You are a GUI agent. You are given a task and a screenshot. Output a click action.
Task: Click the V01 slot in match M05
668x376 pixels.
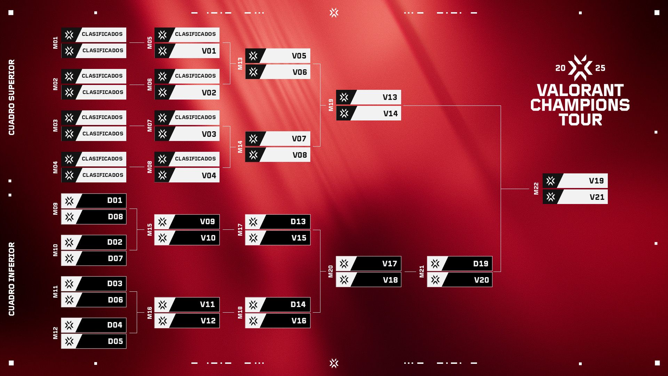coord(187,51)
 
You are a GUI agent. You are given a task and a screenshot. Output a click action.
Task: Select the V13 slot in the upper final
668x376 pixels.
coord(368,97)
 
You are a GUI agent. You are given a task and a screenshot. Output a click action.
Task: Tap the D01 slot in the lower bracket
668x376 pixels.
coord(94,201)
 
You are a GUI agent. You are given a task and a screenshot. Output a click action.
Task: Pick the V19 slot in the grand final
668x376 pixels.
coord(575,181)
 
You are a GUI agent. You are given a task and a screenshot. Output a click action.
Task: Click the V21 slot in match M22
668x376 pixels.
coord(575,197)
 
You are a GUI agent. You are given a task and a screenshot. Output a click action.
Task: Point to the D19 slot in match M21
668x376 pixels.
coord(460,264)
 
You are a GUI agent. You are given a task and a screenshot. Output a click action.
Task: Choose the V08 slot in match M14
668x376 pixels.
coord(278,155)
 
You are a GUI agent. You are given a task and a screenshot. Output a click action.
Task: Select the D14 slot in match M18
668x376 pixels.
coord(278,305)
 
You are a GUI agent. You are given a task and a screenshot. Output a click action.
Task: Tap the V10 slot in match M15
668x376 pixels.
coord(187,238)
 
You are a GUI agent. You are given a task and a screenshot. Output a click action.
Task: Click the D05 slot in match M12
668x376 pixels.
coord(94,341)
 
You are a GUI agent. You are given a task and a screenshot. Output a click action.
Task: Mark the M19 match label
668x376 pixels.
coord(331,105)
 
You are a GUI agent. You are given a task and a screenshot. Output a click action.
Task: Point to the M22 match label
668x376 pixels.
coord(536,189)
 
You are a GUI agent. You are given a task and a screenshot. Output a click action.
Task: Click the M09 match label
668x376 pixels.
coord(55,209)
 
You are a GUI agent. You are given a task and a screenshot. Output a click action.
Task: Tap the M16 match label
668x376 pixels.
coord(150,313)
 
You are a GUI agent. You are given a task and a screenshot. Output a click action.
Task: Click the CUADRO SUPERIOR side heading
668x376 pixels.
coord(12,97)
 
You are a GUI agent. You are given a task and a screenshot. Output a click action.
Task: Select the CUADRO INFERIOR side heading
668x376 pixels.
coord(12,279)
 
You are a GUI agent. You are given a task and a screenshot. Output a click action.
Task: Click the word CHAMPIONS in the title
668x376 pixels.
coord(580,105)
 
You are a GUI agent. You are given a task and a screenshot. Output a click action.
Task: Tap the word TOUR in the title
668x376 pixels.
coord(580,120)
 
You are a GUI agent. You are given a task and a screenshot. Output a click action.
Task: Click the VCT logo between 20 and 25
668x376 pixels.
coord(580,68)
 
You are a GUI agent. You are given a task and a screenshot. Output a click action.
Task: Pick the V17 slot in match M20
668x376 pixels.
coord(368,264)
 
